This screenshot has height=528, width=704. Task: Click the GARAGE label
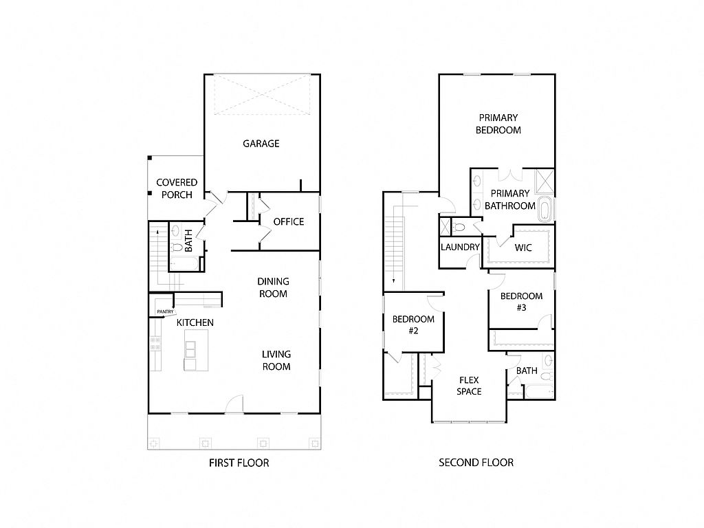[261, 144]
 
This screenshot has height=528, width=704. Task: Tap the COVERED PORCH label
[177, 188]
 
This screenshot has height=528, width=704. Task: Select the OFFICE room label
[289, 222]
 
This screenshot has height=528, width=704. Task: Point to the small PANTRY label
[165, 311]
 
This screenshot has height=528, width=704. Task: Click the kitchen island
[196, 350]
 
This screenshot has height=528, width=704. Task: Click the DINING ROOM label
[273, 287]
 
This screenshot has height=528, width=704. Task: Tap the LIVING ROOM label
[276, 360]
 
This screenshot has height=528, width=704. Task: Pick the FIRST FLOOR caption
[239, 463]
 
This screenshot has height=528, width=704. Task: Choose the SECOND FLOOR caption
[476, 463]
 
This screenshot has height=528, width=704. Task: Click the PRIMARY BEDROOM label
[498, 124]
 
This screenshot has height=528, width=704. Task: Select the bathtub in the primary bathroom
[544, 209]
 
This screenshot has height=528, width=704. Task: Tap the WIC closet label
[523, 247]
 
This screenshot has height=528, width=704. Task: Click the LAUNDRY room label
[460, 247]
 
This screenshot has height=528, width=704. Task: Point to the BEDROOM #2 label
[413, 324]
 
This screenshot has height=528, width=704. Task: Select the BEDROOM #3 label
[521, 302]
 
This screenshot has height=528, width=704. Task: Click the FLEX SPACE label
[469, 386]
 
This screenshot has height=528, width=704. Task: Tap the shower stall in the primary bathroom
[545, 181]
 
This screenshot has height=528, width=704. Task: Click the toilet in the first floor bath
[177, 247]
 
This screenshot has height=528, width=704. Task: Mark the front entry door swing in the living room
[234, 404]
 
